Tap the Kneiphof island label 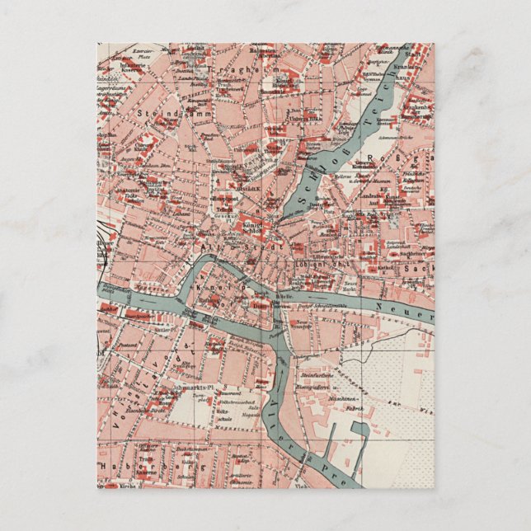tap(213, 284)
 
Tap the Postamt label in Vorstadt tap(129, 343)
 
